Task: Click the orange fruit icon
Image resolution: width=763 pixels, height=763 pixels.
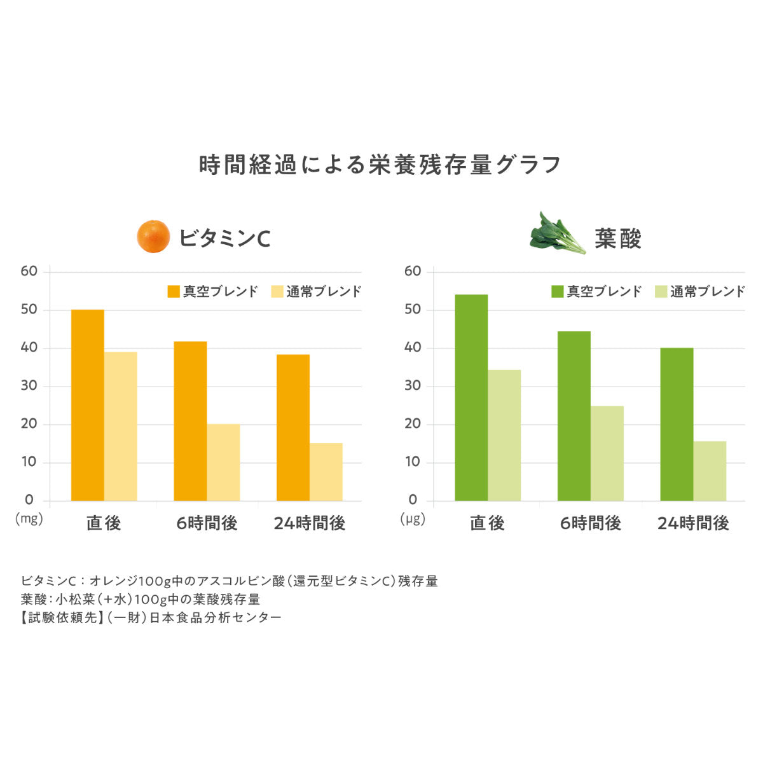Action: (x=154, y=237)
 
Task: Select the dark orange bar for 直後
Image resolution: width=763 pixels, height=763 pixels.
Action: (x=88, y=405)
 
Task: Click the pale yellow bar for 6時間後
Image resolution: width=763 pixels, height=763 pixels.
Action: (x=223, y=462)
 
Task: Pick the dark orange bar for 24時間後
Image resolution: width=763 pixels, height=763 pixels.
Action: (x=293, y=427)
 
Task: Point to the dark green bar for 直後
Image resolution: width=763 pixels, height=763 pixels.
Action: (x=471, y=397)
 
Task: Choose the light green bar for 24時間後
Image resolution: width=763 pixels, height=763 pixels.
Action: (x=710, y=471)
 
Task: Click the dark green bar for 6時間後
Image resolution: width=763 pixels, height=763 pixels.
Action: (x=574, y=416)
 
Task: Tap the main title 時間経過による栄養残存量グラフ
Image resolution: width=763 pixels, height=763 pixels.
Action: (x=380, y=165)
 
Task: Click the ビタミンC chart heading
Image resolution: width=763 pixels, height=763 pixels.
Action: (x=224, y=238)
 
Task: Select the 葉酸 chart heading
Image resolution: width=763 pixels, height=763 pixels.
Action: (x=618, y=238)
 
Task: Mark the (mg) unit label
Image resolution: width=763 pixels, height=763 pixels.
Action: (x=29, y=519)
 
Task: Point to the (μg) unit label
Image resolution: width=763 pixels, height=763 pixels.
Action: (x=413, y=519)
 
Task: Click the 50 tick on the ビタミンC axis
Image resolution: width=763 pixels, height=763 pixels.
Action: (x=29, y=310)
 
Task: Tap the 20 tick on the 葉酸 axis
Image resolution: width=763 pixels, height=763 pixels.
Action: (x=413, y=424)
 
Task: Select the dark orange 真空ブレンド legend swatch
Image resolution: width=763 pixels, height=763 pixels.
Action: (x=174, y=291)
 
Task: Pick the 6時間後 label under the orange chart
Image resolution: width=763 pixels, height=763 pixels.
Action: (x=207, y=523)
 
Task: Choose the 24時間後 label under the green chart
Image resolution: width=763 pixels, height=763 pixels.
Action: (x=693, y=523)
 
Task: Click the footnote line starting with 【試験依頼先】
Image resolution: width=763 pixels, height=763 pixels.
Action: (x=151, y=617)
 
